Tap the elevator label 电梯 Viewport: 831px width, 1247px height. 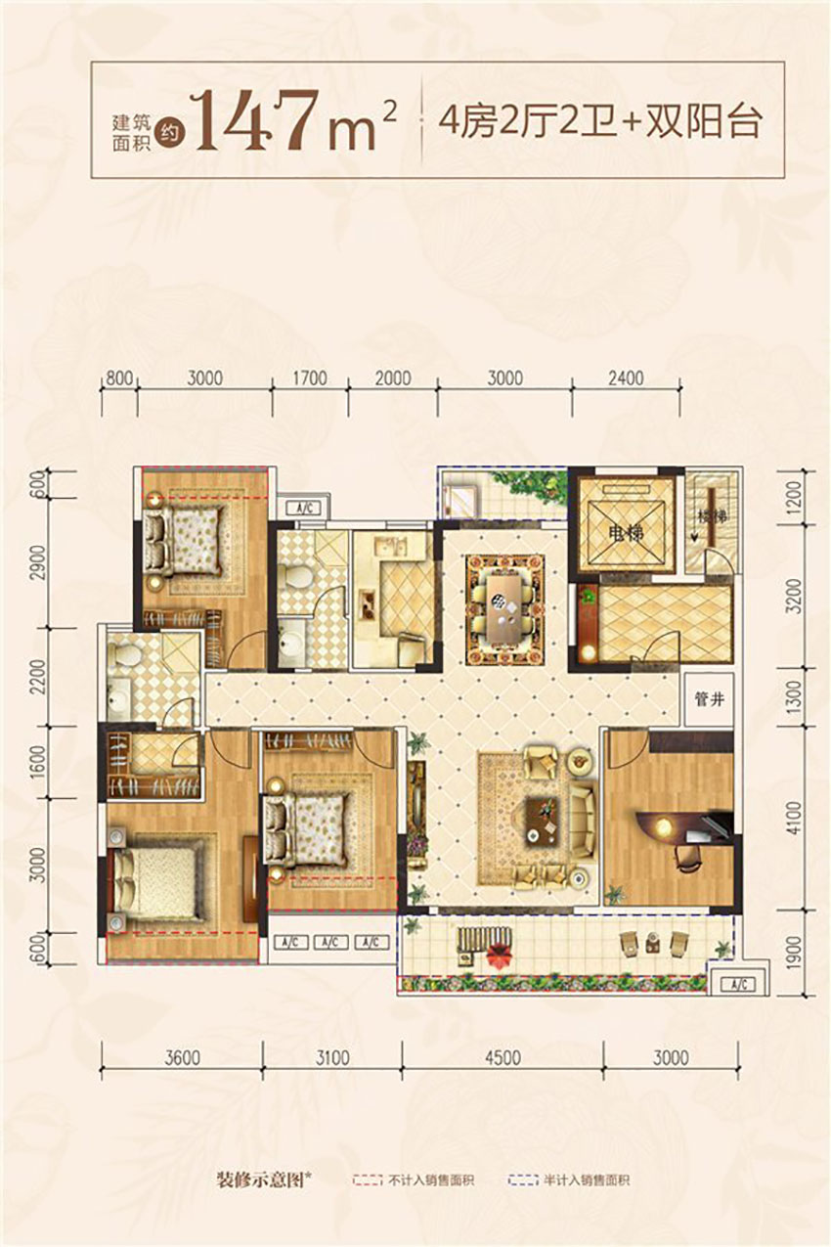pyautogui.click(x=625, y=534)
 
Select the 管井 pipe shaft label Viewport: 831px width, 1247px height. pyautogui.click(x=709, y=699)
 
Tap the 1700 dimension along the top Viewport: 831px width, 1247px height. pyautogui.click(x=310, y=379)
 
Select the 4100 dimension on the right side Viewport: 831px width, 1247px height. pyautogui.click(x=796, y=817)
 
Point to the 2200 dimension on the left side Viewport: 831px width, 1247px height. pyautogui.click(x=38, y=677)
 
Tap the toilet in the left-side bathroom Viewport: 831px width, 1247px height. pyautogui.click(x=123, y=653)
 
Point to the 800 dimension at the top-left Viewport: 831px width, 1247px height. pyautogui.click(x=119, y=379)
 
